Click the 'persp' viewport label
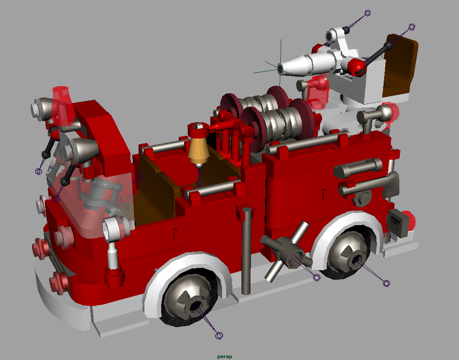pyautogui.click(x=224, y=356)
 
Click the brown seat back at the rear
pyautogui.click(x=399, y=66)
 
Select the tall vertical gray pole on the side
pyautogui.click(x=246, y=251)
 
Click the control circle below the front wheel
pyautogui.click(x=219, y=336)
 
